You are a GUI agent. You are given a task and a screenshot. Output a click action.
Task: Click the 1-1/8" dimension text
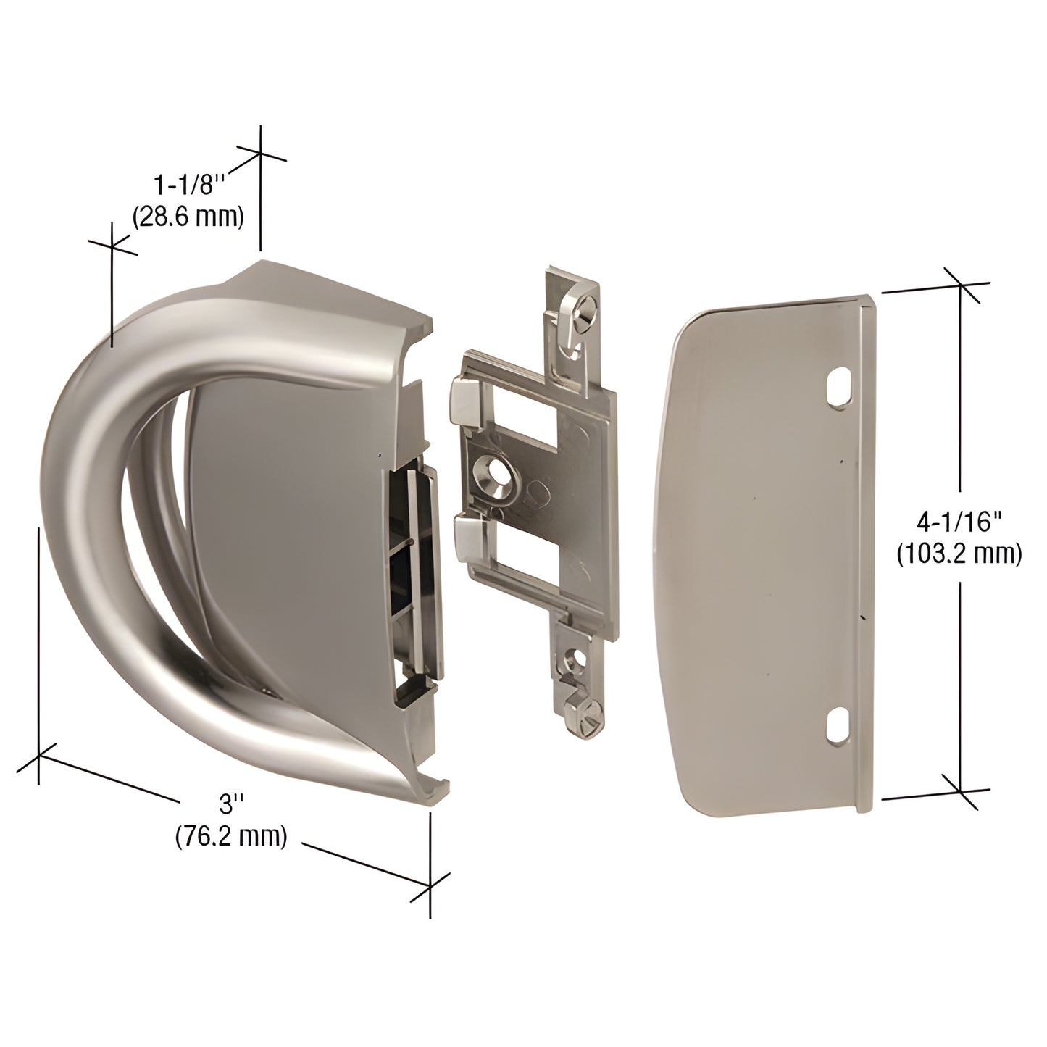(x=191, y=185)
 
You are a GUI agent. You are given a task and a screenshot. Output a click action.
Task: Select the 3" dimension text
(x=231, y=804)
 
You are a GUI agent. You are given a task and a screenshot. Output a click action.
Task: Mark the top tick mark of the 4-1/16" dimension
(x=961, y=285)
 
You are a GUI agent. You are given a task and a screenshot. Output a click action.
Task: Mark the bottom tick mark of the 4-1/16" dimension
(x=961, y=791)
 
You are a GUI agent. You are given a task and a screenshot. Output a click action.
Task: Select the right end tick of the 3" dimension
(x=430, y=883)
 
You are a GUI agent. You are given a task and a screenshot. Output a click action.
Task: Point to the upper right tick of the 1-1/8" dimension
(x=260, y=153)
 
